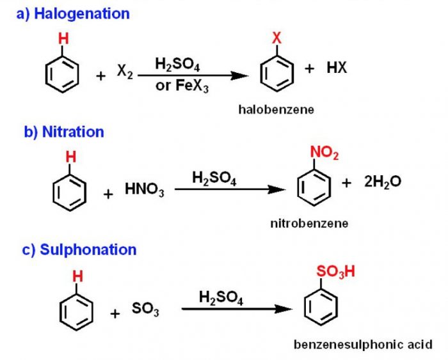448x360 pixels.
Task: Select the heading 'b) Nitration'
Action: [64, 132]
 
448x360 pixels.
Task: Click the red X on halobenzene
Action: [276, 38]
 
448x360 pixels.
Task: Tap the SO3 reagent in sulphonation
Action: [145, 310]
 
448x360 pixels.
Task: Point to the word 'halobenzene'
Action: [276, 109]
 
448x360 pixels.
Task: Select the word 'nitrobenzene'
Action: [309, 223]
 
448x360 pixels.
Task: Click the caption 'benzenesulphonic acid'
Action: [363, 345]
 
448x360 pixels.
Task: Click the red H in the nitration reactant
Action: [71, 157]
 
